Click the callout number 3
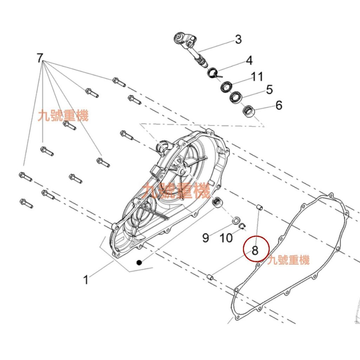pos(238,39)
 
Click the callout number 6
pos(278,105)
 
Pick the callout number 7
pos(40,58)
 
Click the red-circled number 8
pos(256,250)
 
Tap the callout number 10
pos(226,238)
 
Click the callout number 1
pos(85,280)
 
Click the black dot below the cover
pos(140,262)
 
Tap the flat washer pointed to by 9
pos(236,222)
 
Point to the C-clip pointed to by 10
pos(243,226)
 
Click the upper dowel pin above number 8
pos(259,208)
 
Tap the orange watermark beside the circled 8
pos(288,261)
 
